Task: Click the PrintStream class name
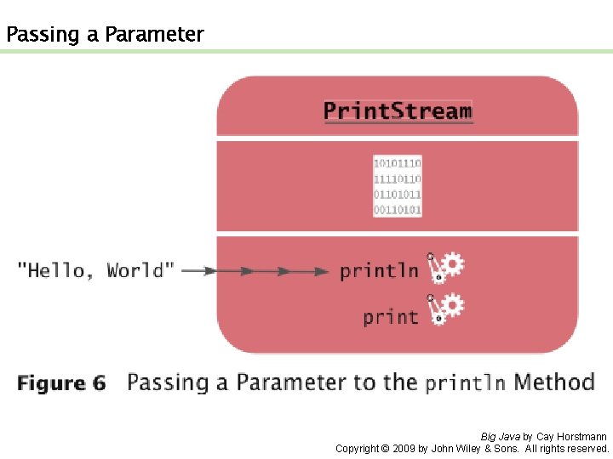[398, 110]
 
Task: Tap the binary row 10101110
[398, 163]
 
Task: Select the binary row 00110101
[398, 209]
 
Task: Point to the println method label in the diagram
[379, 271]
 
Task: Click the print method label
[391, 317]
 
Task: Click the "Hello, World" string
[96, 271]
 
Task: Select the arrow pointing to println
[255, 272]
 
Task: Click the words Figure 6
[61, 383]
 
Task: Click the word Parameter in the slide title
[154, 35]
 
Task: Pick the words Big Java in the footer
[500, 437]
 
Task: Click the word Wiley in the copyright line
[465, 448]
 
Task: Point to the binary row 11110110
[398, 178]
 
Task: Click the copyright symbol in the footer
[386, 448]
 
